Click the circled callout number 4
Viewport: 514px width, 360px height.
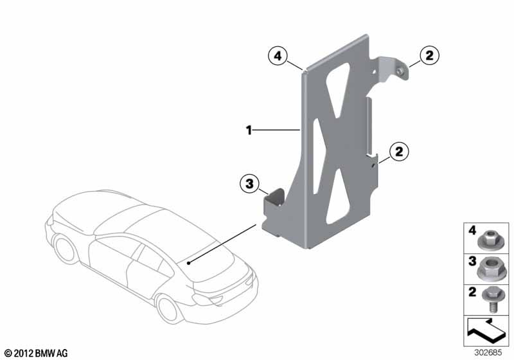(x=278, y=56)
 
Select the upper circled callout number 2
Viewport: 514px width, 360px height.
(x=429, y=55)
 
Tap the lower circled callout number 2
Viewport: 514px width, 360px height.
(x=399, y=152)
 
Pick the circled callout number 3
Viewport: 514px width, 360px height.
(x=249, y=184)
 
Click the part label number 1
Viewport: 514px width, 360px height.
(x=249, y=130)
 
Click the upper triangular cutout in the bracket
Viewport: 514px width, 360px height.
(x=338, y=89)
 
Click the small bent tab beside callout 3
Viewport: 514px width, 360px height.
(x=276, y=198)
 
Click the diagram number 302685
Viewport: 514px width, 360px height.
(x=488, y=353)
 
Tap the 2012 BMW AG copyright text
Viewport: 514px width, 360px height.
(x=37, y=353)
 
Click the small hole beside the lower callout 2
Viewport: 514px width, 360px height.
(x=373, y=166)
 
